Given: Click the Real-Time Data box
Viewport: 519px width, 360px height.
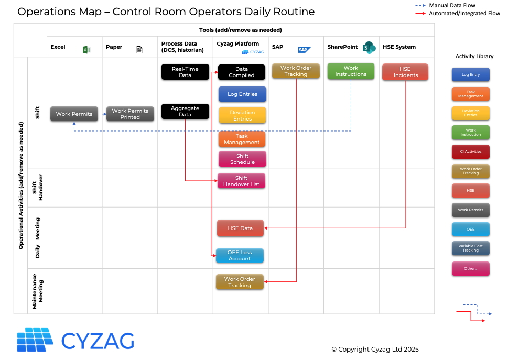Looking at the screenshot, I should click(x=185, y=72).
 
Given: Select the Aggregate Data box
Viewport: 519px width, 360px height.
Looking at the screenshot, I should click(x=185, y=111).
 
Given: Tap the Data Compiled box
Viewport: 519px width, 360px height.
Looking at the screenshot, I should click(x=242, y=72).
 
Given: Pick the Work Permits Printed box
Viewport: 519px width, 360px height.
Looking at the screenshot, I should click(x=130, y=114).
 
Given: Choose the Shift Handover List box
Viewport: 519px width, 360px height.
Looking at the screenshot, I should click(x=241, y=181).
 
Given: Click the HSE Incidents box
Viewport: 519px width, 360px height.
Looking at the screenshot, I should click(x=405, y=72).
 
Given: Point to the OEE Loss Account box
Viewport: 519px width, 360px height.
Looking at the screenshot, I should click(x=240, y=256).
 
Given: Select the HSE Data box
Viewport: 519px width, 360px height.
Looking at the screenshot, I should click(x=240, y=228).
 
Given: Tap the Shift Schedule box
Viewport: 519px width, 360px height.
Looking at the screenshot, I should click(x=242, y=159).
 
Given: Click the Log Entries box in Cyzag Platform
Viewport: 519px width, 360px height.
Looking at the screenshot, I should click(x=242, y=94).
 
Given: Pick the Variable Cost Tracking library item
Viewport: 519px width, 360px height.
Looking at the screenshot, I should click(x=470, y=248).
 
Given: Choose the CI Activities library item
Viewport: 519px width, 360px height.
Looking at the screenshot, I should click(x=470, y=152).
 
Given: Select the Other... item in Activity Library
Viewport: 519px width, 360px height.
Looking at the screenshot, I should click(x=470, y=268).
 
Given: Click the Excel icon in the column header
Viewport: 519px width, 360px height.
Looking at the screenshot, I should click(x=87, y=49).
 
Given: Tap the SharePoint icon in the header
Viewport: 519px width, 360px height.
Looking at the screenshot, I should click(x=370, y=47).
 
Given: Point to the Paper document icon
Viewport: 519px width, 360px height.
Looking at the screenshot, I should click(x=139, y=50).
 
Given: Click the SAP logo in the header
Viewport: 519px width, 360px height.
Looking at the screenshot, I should click(x=305, y=49).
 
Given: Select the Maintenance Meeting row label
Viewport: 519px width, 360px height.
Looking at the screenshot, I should click(x=38, y=291).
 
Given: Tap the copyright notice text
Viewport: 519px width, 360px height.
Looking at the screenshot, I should click(x=375, y=350).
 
